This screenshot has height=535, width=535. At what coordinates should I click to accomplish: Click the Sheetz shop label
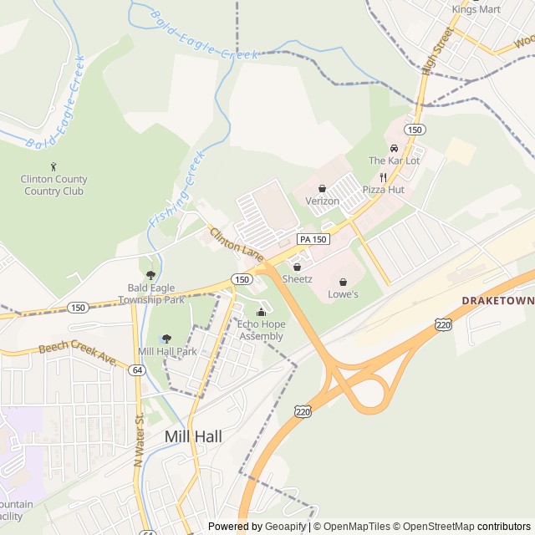(297, 278)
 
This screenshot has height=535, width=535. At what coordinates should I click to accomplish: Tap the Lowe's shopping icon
(343, 283)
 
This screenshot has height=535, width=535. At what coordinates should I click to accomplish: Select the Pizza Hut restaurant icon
(383, 177)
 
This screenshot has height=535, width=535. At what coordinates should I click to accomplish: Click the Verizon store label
(322, 201)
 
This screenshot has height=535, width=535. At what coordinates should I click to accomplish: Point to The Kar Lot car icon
(394, 148)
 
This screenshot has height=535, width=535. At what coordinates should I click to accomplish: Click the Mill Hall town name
(193, 436)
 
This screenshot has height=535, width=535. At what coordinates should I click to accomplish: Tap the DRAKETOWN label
(497, 299)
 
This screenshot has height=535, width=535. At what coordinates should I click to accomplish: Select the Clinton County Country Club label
(54, 185)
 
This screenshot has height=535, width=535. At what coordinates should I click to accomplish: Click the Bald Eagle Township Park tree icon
(150, 274)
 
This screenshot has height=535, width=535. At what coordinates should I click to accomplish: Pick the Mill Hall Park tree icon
(166, 339)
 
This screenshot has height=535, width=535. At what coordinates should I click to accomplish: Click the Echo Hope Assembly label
(261, 330)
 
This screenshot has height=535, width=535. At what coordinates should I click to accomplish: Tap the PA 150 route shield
(313, 239)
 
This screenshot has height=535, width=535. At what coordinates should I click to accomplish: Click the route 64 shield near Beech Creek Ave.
(137, 369)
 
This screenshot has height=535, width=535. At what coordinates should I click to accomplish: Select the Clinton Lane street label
(236, 242)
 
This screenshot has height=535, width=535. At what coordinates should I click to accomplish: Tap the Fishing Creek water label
(176, 191)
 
